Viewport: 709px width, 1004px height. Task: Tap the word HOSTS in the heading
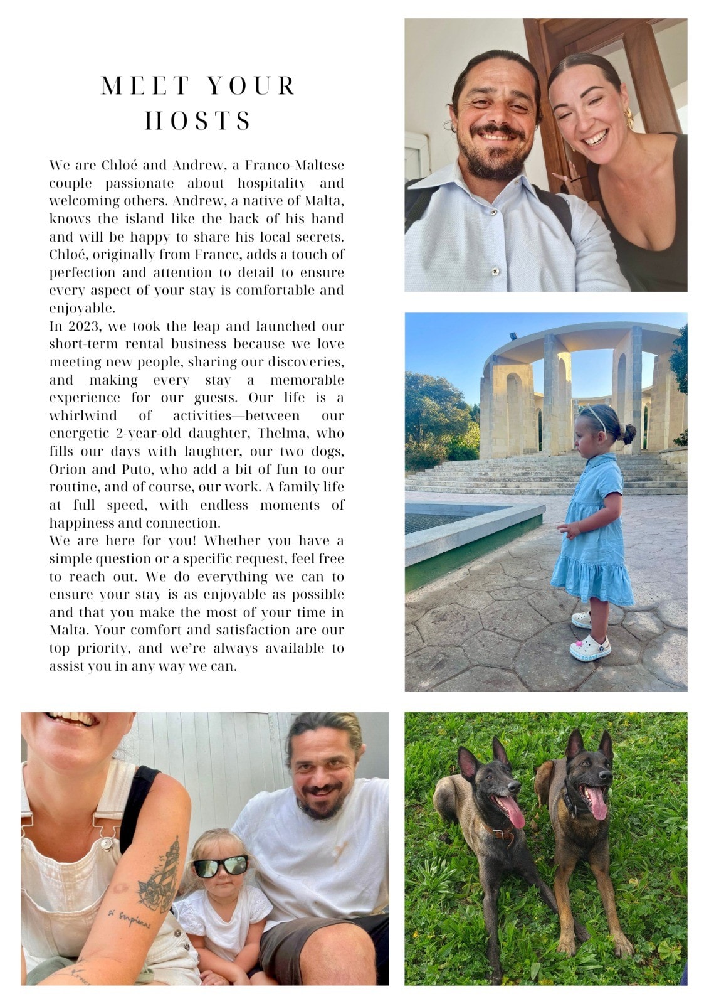click(x=198, y=120)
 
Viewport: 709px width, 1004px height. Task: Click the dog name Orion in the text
click(x=66, y=469)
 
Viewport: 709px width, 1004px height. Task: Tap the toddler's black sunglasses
click(x=219, y=867)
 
